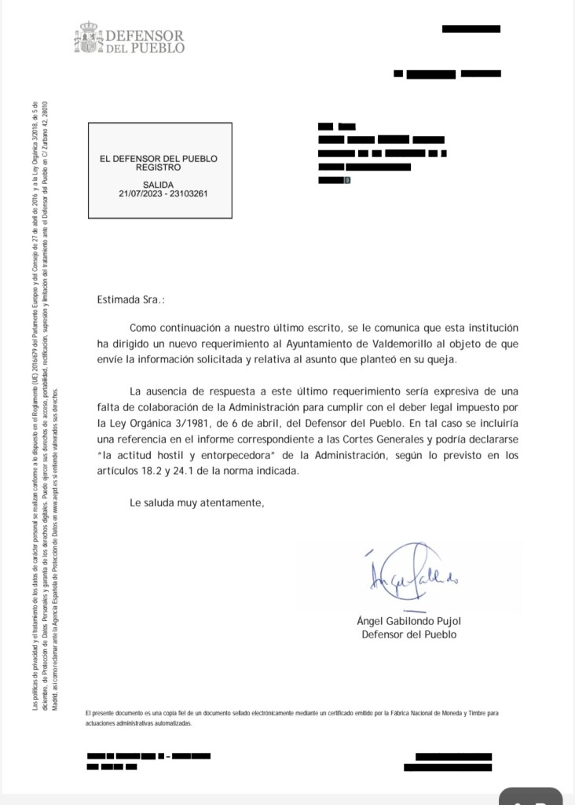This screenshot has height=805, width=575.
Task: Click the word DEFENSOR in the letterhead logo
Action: point(145,36)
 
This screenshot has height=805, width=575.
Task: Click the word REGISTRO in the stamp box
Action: point(158,167)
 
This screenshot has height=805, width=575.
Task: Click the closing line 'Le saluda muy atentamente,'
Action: point(198,503)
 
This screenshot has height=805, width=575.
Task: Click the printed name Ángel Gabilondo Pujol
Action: point(414,620)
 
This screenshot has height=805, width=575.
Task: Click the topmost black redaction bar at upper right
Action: point(472,28)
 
